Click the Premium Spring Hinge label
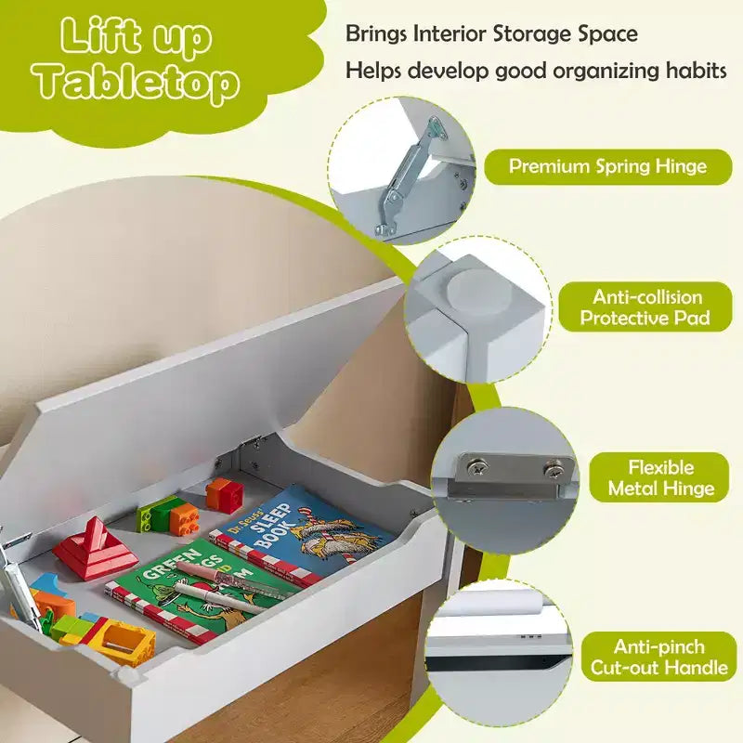[x=607, y=167]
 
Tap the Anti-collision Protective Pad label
[x=645, y=307]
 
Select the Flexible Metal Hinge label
[x=660, y=477]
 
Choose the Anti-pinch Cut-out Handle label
[x=659, y=657]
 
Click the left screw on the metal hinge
[x=476, y=469]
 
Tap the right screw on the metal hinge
[x=553, y=471]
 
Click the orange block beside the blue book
[x=224, y=494]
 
